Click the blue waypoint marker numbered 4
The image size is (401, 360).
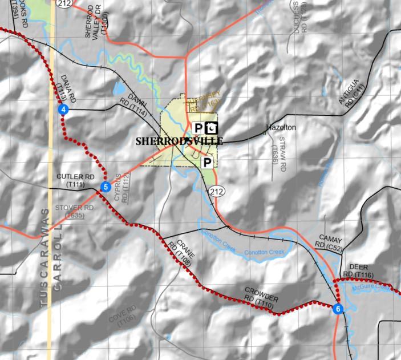coord(64,109)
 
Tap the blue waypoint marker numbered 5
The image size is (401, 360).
coord(105,187)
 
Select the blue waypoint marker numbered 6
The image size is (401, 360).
coord(338,309)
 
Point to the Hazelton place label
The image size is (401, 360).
coord(281,128)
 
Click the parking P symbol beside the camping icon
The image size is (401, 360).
coord(198,127)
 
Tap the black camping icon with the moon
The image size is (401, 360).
coord(212,127)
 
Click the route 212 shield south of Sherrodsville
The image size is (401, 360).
coord(215,190)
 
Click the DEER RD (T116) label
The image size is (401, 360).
coord(358,271)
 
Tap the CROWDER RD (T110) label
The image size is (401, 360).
coord(261,298)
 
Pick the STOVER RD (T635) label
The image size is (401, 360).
coord(74,211)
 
